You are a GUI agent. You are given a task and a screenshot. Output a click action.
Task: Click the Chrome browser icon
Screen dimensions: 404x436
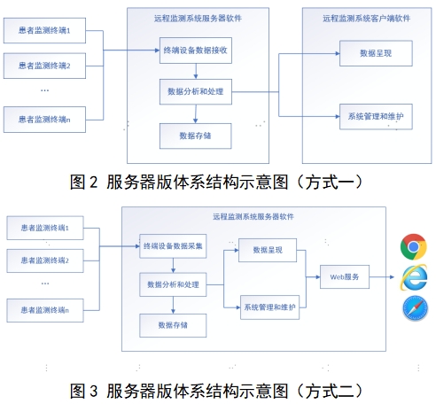413,245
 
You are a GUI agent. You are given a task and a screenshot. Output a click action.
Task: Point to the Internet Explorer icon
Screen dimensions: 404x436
413,276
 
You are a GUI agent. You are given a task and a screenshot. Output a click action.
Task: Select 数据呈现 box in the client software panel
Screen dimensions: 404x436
376,52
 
